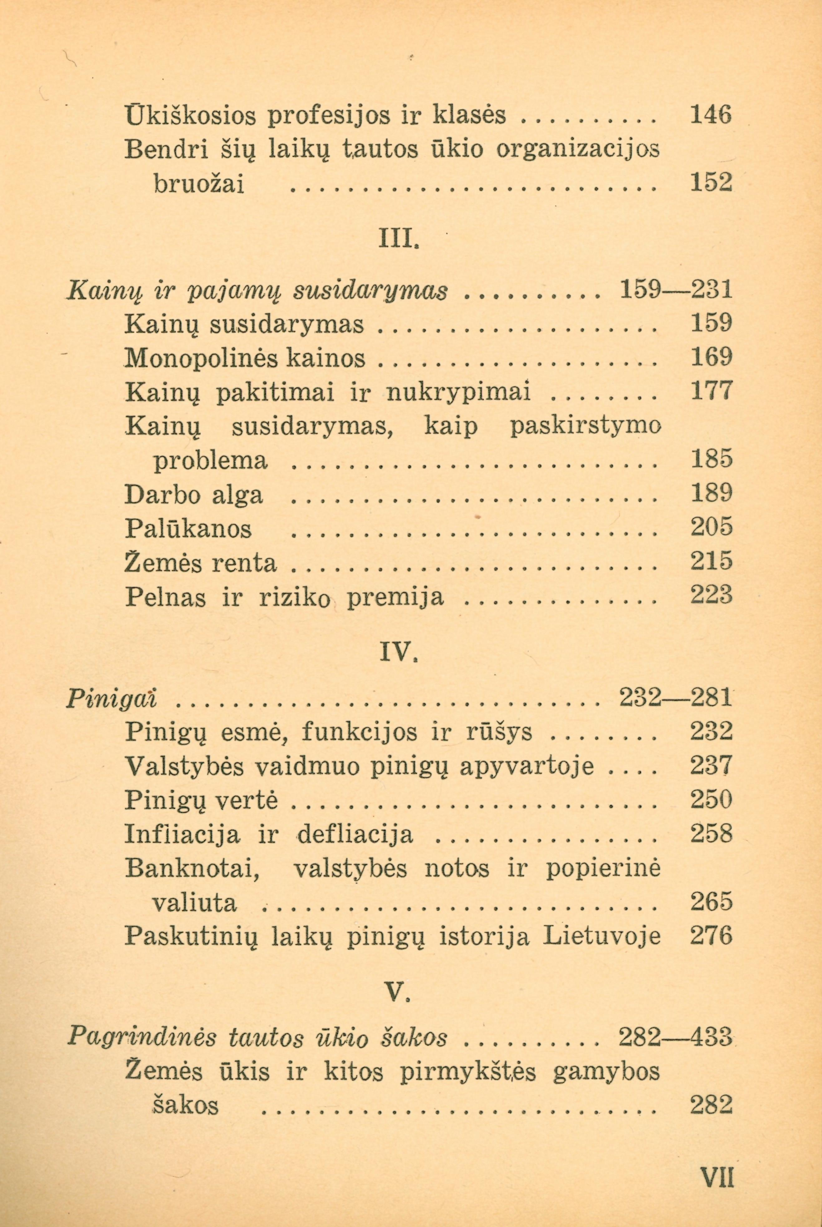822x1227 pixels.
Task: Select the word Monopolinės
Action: tap(198, 360)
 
